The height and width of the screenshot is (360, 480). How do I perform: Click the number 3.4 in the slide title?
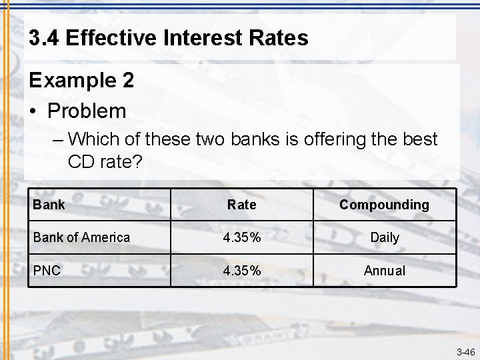tap(44, 38)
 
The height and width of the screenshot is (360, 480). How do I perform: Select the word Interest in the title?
tap(184, 38)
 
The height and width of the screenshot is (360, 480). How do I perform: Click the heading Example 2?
tap(81, 81)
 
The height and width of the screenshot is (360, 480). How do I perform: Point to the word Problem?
tap(87, 111)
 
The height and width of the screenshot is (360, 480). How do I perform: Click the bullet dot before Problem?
tap(33, 111)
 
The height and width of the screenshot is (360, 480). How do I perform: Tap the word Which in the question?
tap(91, 139)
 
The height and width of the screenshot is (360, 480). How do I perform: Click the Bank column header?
tap(49, 205)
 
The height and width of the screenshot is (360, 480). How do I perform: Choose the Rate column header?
tap(241, 205)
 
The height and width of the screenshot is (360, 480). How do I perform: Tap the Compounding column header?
tap(384, 205)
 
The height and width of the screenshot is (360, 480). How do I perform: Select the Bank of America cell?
tap(81, 237)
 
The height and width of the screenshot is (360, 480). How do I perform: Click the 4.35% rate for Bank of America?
tap(241, 237)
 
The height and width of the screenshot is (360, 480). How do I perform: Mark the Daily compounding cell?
tap(385, 237)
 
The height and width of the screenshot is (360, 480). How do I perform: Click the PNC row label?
tap(47, 271)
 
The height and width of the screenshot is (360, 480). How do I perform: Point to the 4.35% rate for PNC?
tap(241, 271)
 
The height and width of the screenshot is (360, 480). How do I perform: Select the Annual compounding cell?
tap(385, 271)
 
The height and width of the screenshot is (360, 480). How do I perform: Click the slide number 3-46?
tap(465, 352)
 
